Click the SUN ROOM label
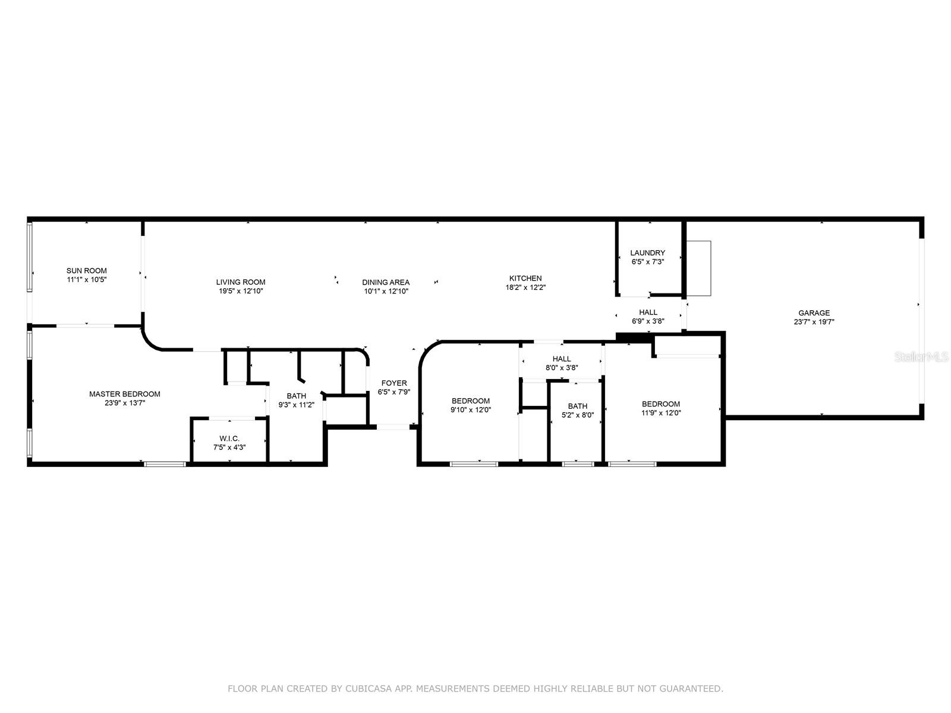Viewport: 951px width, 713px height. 86,270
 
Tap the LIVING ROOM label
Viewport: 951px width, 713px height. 241,282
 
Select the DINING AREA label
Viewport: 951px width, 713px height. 386,282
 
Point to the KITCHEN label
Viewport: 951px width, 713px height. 525,278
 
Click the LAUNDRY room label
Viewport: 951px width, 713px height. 647,253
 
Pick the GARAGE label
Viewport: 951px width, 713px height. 814,313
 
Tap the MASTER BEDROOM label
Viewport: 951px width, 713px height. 125,394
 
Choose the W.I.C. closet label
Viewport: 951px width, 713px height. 229,438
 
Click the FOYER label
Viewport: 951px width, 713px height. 394,383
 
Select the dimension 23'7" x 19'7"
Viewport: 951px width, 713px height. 814,321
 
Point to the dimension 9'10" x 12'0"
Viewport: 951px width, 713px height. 471,409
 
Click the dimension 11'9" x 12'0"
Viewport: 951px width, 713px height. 661,412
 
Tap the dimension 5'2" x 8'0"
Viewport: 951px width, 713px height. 578,415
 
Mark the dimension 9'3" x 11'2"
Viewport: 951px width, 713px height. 297,405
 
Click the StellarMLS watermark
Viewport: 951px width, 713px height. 921,356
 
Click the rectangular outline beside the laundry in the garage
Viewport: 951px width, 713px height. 699,269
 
